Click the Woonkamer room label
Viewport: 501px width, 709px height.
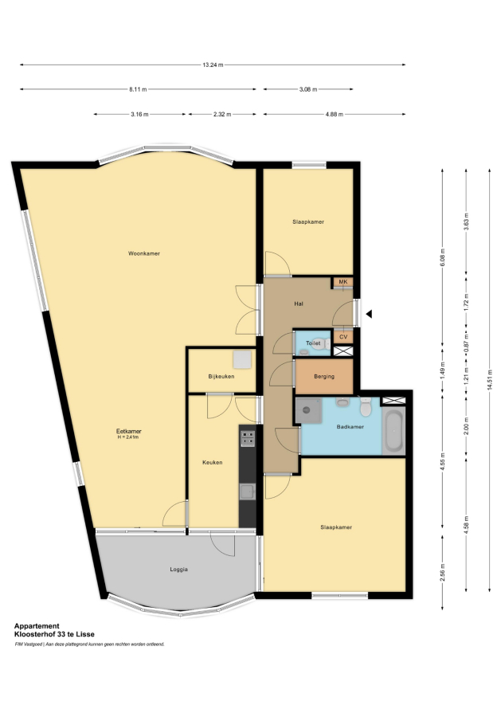coord(144,253)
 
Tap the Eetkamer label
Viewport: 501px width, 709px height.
coord(129,431)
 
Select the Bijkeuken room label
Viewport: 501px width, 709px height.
coord(221,376)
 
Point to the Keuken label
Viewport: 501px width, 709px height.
coord(212,463)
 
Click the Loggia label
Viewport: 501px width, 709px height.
coord(178,570)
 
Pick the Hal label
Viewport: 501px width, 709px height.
coord(299,304)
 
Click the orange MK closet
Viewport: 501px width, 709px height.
coord(342,282)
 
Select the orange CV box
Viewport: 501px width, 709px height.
coord(343,337)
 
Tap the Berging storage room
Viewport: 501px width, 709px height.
coord(323,376)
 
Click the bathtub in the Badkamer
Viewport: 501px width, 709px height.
coord(393,431)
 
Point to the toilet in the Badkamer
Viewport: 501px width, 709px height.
coord(366,407)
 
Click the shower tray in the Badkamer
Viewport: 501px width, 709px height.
coord(308,410)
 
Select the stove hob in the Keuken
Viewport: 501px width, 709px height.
coord(248,439)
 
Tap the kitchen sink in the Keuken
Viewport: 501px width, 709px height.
coord(248,492)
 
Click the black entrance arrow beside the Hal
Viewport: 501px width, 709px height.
coord(369,314)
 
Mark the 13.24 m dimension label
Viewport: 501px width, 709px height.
coord(213,65)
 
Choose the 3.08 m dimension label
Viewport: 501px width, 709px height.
coord(308,89)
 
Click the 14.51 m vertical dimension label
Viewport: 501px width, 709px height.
coord(490,380)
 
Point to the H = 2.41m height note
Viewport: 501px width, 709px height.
coord(128,437)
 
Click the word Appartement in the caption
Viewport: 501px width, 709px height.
coord(37,626)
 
